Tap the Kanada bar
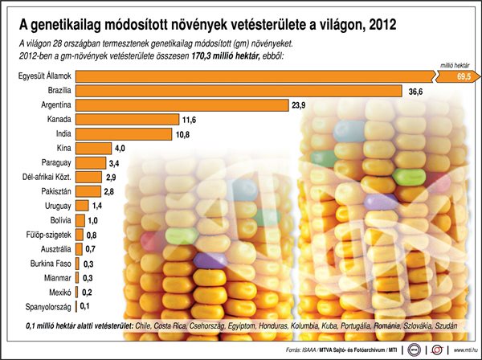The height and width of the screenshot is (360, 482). (127, 120)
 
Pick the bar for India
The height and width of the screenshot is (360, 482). (124, 134)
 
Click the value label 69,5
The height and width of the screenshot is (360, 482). (463, 76)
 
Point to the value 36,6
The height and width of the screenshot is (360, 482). (416, 92)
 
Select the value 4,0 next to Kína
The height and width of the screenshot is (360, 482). (120, 149)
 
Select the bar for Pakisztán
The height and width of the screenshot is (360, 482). (88, 191)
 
